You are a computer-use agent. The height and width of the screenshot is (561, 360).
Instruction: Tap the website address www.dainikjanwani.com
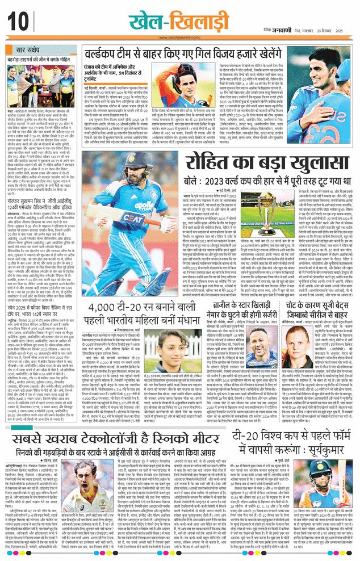tap(181, 38)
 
